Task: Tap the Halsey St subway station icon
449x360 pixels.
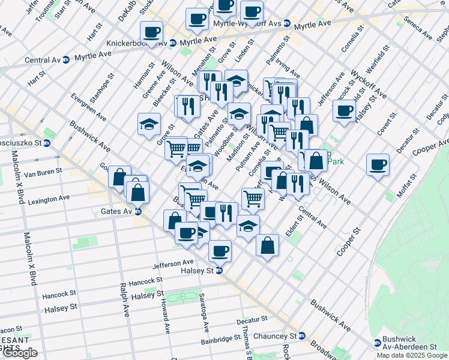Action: [219, 271]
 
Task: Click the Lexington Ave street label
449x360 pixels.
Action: [49, 198]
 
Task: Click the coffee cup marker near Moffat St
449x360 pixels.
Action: [378, 165]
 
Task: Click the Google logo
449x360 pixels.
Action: [20, 353]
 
